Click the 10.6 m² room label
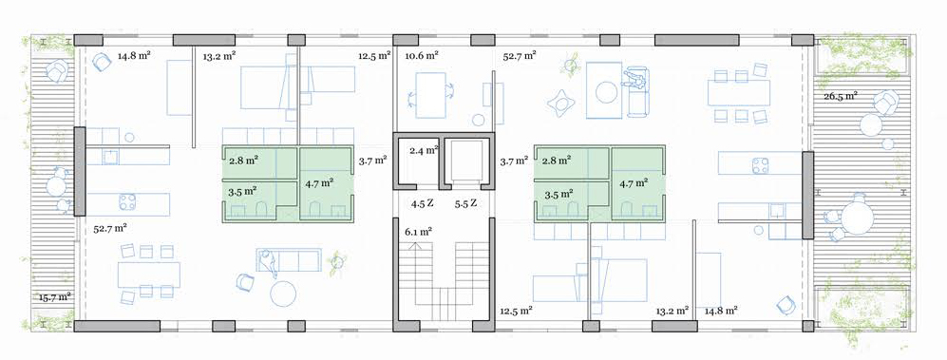tap(422, 56)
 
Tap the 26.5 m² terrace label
tap(842, 96)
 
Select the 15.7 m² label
tap(55, 296)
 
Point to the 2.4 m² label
tap(424, 150)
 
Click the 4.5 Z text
tap(423, 203)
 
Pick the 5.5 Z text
tap(465, 203)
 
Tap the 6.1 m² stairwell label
tap(418, 232)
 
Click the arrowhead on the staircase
tap(415, 245)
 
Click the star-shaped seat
tap(560, 103)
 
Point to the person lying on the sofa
tap(268, 263)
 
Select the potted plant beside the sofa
tap(336, 263)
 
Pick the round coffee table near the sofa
tap(283, 294)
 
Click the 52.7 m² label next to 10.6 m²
tap(520, 56)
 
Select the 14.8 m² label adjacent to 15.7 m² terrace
tap(134, 56)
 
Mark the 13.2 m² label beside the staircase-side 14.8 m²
tap(672, 311)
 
